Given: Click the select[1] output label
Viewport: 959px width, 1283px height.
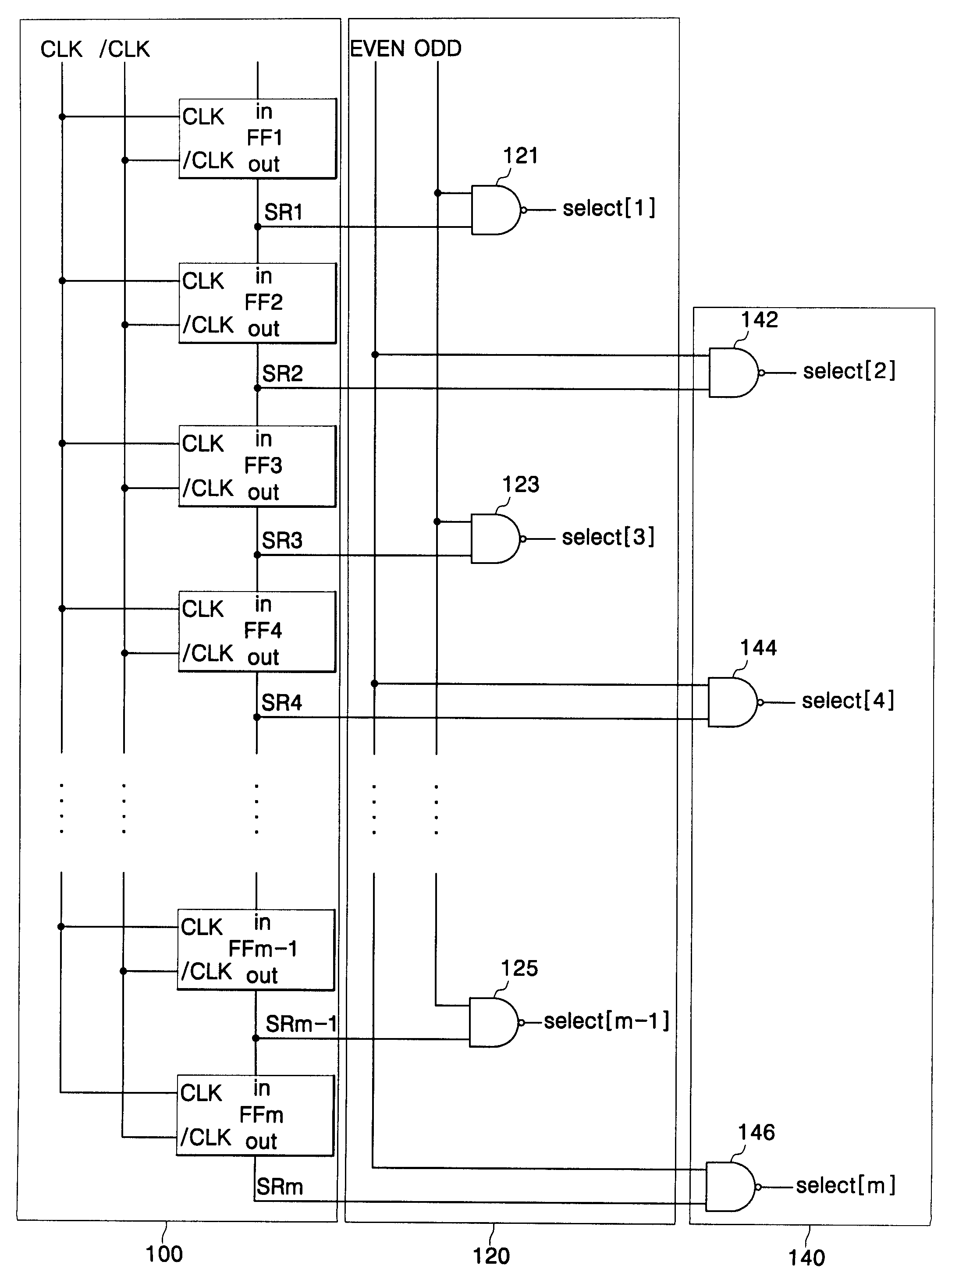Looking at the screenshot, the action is [x=609, y=208].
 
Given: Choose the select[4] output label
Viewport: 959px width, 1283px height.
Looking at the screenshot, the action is [x=848, y=701].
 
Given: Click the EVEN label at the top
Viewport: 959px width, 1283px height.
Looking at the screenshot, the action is [x=377, y=49].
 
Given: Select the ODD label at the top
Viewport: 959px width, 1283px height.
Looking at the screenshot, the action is [x=438, y=49].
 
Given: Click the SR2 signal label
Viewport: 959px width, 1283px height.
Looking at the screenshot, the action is [x=283, y=373].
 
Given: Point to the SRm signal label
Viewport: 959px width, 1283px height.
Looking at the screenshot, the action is [x=280, y=1187].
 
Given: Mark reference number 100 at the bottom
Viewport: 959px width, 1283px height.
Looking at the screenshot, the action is [x=164, y=1254].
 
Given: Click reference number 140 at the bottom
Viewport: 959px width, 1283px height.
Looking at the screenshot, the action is [x=806, y=1258].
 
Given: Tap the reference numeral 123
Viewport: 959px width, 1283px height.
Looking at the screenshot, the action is [x=520, y=484].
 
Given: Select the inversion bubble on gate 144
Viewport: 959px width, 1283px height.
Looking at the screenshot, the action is [x=760, y=703].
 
